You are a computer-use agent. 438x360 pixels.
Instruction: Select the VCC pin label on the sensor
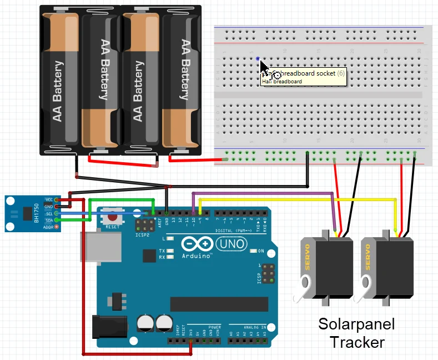tap(49, 199)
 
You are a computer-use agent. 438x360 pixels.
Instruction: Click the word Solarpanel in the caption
tap(356, 324)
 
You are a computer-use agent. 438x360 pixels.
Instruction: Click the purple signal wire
tap(261, 193)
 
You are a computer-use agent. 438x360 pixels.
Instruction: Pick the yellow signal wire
tap(294, 198)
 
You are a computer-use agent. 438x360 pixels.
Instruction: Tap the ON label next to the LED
tap(261, 251)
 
